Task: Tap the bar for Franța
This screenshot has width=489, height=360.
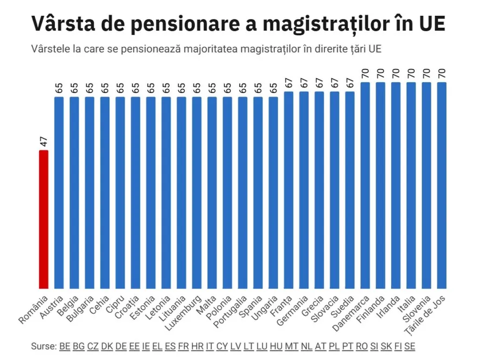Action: tap(289, 190)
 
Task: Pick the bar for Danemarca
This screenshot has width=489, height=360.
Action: tap(365, 185)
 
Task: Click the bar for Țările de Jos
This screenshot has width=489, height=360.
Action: tap(441, 185)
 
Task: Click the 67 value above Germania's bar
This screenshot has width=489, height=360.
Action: tap(304, 83)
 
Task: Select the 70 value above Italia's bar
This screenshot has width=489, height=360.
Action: tap(411, 73)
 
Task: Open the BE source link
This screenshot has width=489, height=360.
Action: tap(65, 346)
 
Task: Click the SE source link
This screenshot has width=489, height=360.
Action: tap(410, 346)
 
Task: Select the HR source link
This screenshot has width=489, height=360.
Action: tap(197, 346)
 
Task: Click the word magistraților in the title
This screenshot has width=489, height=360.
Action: tap(342, 24)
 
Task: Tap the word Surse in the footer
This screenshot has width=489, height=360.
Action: tap(43, 346)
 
